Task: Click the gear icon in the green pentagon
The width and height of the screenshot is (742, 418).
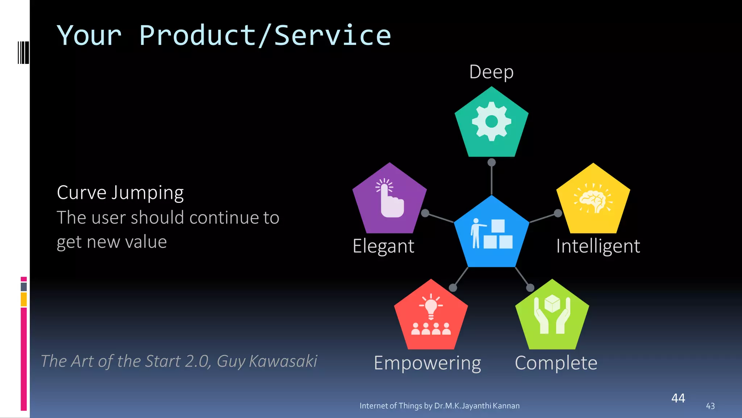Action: tap(491, 121)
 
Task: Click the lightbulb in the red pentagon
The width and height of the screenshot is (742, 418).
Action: tap(431, 307)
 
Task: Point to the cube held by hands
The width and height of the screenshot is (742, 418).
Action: tap(552, 303)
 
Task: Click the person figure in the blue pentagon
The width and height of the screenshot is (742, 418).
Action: tap(476, 233)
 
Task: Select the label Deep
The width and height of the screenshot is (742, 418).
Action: tap(491, 72)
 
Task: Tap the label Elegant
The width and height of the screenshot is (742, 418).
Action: tap(383, 246)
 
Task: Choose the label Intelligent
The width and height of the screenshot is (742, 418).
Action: tap(598, 246)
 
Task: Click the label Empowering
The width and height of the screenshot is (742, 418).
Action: tap(427, 363)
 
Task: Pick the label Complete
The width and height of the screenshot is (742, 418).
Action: tap(556, 363)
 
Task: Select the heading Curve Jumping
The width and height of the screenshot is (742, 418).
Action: tap(120, 192)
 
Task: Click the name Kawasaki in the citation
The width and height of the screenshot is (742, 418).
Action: tap(283, 361)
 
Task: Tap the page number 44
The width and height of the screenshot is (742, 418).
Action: tap(678, 398)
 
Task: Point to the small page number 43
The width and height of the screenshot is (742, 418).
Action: tap(710, 406)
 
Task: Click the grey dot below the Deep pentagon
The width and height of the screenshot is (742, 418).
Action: tap(491, 162)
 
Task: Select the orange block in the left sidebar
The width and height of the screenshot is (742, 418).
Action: tap(24, 299)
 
